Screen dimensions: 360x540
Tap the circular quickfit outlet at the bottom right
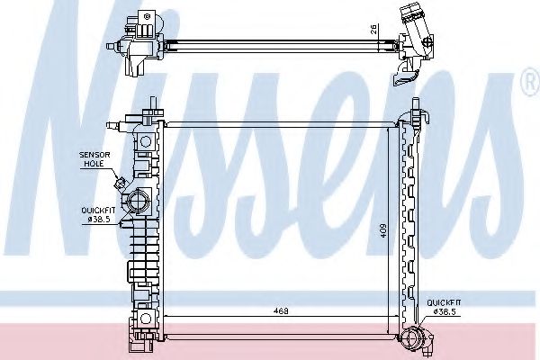[x=413, y=339]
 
